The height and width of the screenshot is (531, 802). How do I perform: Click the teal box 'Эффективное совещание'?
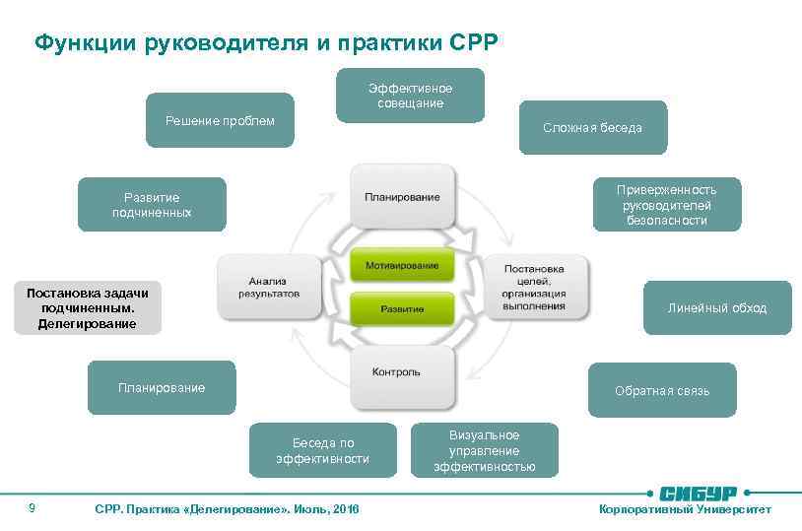(x=410, y=95)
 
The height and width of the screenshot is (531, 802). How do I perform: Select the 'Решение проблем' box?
(x=220, y=120)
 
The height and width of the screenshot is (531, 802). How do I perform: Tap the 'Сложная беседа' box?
(x=592, y=127)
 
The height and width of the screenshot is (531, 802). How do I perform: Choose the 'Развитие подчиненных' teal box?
(x=152, y=204)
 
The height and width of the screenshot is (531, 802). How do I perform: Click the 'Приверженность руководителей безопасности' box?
(x=666, y=204)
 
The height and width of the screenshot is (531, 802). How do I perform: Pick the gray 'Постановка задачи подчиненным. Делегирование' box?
(x=88, y=308)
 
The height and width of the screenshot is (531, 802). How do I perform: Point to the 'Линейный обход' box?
(x=716, y=307)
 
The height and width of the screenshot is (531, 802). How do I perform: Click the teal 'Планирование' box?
(x=162, y=388)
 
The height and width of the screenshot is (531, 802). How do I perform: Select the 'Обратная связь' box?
(x=661, y=390)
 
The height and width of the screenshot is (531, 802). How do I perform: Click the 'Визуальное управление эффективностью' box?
(x=484, y=450)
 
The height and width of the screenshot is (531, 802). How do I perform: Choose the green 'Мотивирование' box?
(x=402, y=266)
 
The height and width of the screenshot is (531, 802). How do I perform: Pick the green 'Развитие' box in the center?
(x=402, y=308)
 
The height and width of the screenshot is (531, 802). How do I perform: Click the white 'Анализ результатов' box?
(x=268, y=287)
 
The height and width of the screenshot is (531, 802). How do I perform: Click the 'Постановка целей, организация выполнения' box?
(x=535, y=287)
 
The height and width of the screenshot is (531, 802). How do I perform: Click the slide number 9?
(x=33, y=507)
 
